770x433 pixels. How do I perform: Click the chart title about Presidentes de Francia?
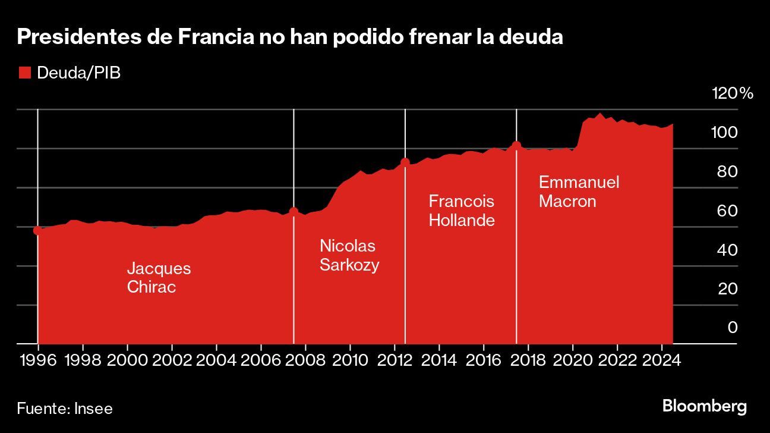coord(290,37)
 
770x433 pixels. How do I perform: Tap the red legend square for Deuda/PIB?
coord(24,73)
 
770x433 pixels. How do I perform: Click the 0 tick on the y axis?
coord(733,327)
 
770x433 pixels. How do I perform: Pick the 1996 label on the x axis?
coord(38,360)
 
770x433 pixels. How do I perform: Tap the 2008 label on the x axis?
coord(305,360)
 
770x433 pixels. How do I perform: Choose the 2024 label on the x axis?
coord(662,360)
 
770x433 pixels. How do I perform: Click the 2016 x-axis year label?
coord(484,360)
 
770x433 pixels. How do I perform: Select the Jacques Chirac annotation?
coord(159,278)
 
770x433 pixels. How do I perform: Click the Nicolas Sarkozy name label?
coord(349,255)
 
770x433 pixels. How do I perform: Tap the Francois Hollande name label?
coord(462,211)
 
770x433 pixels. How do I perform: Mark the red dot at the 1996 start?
coord(37,231)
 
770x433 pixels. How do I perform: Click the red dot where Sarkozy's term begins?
coord(294,211)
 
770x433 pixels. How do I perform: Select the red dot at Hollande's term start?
coord(405,162)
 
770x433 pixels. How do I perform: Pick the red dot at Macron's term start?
coord(516,145)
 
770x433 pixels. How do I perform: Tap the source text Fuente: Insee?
coord(65,409)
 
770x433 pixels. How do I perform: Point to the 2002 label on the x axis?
coord(172,360)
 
